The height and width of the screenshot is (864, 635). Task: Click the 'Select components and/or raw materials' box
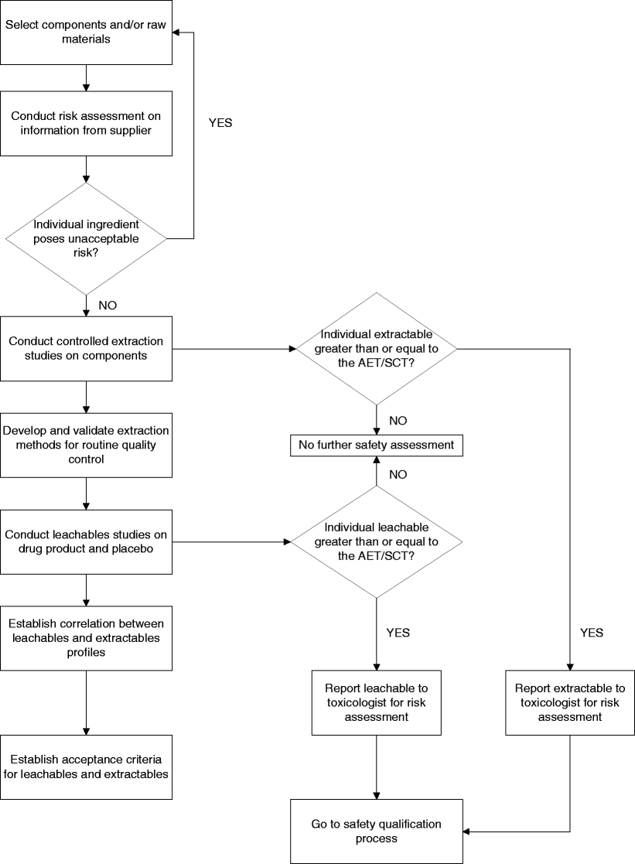85,32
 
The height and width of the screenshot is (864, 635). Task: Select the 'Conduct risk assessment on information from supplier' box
85,123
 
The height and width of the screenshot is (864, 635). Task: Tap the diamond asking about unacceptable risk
85,238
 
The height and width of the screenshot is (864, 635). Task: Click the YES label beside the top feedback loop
220,122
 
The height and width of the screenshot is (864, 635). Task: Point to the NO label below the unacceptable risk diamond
108,305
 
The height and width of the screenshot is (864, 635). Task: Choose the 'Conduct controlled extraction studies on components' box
85,348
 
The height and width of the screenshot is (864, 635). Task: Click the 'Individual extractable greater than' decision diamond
377,348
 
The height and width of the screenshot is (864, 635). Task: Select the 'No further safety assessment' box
377,446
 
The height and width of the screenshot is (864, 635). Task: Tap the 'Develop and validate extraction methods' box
85,445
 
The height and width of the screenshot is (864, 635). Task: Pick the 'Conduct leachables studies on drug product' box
85,541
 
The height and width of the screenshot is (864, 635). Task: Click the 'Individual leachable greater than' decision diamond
377,541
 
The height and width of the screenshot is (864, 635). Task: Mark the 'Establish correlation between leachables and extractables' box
85,638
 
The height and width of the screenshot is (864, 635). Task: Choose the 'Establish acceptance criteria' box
85,766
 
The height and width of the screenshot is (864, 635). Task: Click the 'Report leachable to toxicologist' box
377,702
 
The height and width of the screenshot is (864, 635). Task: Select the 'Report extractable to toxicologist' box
569,702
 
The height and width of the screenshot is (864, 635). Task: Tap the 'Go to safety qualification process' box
377,831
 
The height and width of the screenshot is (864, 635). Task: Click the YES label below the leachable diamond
398,633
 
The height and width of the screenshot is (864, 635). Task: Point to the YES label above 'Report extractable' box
591,633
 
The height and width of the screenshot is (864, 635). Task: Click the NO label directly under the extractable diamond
398,421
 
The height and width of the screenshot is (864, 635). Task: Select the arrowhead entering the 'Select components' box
176,32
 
